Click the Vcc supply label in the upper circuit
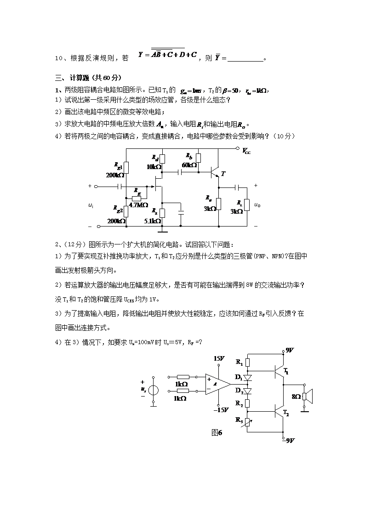coord(247,151)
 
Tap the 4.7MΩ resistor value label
coord(138,205)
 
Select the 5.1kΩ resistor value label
coord(152,221)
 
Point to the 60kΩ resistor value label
coord(189,165)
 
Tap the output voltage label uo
coord(257,205)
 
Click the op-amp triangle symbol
coord(217,384)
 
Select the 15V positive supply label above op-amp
coord(219,358)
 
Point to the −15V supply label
coord(221,410)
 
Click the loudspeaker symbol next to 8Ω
coord(308,396)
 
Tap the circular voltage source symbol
coord(154,391)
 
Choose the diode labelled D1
coord(247,378)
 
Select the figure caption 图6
coord(217,433)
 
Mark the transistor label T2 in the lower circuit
coord(286,414)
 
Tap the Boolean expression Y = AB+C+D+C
coord(167,55)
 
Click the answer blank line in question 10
coord(245,59)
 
